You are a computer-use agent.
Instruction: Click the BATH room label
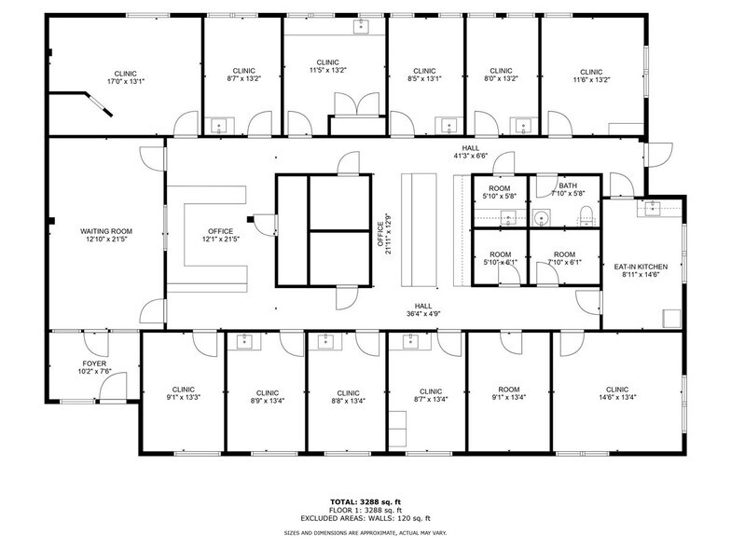(568, 186)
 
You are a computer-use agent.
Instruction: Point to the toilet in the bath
(586, 218)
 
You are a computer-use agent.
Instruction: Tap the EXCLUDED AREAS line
(365, 516)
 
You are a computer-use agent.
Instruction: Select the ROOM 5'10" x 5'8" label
(501, 192)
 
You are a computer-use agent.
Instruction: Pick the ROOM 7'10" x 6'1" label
(564, 258)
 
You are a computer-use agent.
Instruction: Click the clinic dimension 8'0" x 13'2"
(502, 79)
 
